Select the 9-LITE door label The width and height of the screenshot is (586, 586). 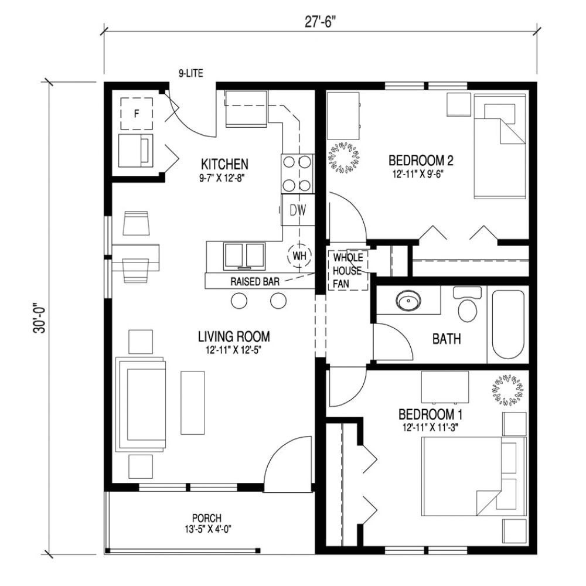pos(191,74)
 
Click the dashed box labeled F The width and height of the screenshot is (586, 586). pos(137,114)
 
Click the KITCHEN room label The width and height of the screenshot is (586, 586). pos(224,163)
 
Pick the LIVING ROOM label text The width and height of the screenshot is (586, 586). pos(233,336)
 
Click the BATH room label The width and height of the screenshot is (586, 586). pos(447,338)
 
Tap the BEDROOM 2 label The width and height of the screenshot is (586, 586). pos(422,160)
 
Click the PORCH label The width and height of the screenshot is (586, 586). pos(206,518)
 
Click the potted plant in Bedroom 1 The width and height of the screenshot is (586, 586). pos(507,390)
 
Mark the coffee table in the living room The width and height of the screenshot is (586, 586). pos(192,401)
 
